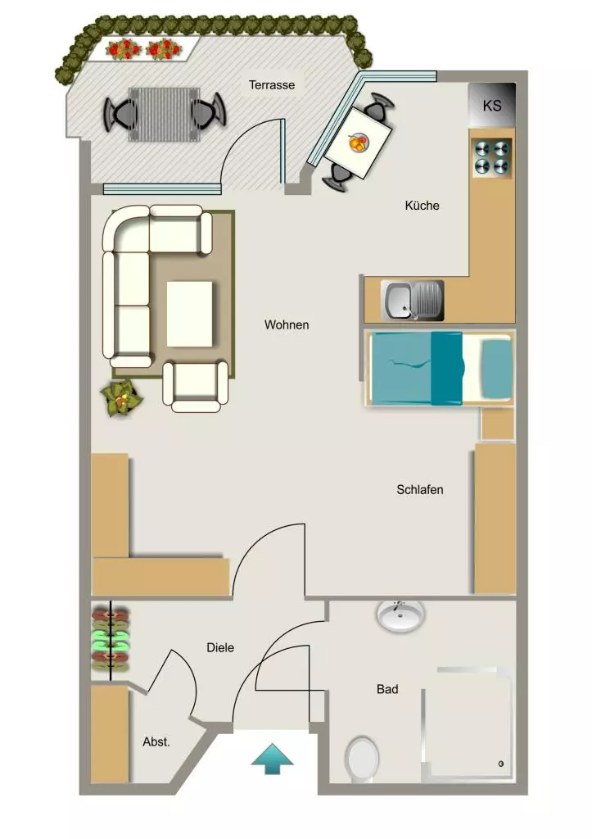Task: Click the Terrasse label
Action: (x=272, y=85)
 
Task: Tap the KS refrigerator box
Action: (x=492, y=105)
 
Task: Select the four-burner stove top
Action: (x=491, y=157)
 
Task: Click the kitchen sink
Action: (x=413, y=300)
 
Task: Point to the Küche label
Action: (x=422, y=206)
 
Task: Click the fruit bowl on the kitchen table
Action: (x=359, y=143)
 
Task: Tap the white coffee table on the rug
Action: (x=189, y=314)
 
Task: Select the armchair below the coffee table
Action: (x=196, y=386)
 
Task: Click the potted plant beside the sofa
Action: (x=121, y=398)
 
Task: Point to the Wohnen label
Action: (x=287, y=324)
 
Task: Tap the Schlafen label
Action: (x=420, y=490)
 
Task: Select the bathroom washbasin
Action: (x=400, y=616)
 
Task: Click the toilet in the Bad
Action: (x=362, y=760)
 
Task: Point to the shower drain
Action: (x=501, y=764)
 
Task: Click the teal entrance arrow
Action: (x=272, y=758)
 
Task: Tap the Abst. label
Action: (x=156, y=742)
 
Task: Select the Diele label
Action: (x=220, y=648)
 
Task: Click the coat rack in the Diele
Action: (x=111, y=639)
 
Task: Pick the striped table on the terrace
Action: (x=165, y=115)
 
